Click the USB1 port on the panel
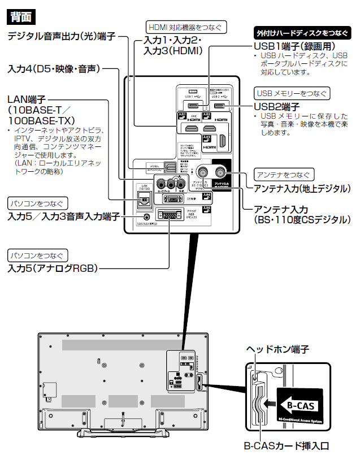point(193,105)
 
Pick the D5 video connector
point(170,198)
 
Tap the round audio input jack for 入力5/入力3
point(148,215)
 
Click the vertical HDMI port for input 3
point(222,142)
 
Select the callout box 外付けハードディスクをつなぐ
point(299,33)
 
